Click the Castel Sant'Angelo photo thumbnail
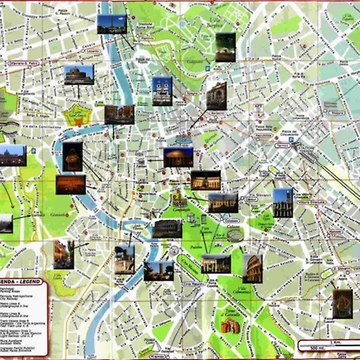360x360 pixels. coord(78,74)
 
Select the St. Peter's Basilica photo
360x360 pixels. coord(12,155)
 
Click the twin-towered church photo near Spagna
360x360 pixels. coord(162,90)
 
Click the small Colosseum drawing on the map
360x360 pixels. coord(233,235)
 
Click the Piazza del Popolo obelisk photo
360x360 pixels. coord(112,25)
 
